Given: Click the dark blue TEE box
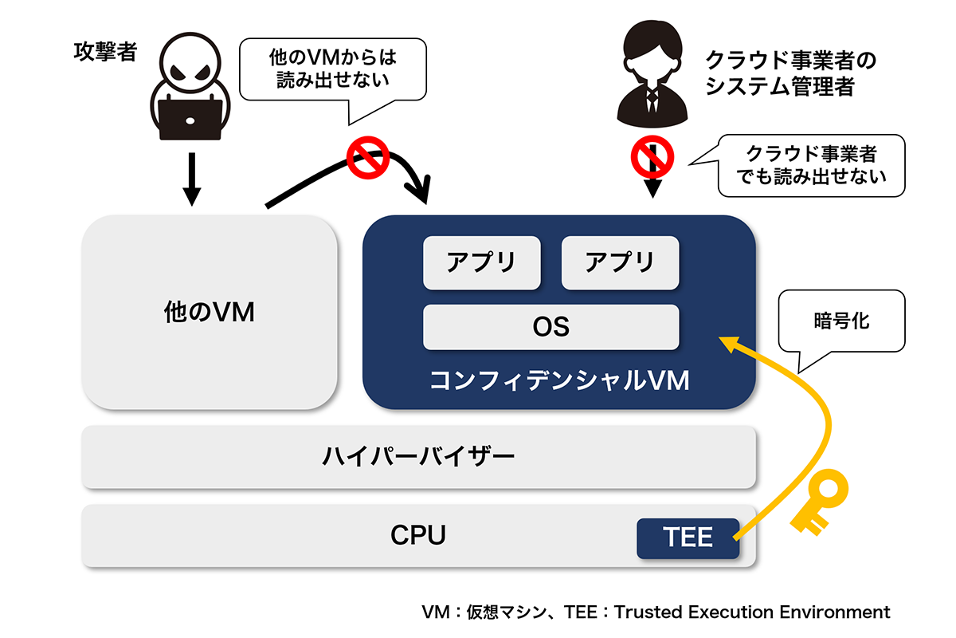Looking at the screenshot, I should pyautogui.click(x=688, y=538).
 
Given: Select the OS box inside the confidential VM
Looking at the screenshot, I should pyautogui.click(x=550, y=327).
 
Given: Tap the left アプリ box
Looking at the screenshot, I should pyautogui.click(x=481, y=262).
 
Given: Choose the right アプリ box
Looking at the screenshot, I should pyautogui.click(x=620, y=262).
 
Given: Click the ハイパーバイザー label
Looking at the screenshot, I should pyautogui.click(x=418, y=457).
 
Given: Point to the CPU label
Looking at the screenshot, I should pyautogui.click(x=418, y=536).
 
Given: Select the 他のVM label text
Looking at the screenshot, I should pyautogui.click(x=209, y=312).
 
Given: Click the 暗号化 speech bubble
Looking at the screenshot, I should pyautogui.click(x=841, y=322).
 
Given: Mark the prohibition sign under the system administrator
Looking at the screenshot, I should pyautogui.click(x=652, y=156).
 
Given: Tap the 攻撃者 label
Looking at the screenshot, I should pyautogui.click(x=104, y=53).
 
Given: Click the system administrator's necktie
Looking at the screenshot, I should pyautogui.click(x=652, y=99).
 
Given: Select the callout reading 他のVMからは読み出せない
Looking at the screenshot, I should pyautogui.click(x=333, y=69).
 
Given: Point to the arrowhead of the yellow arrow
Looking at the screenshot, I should pyautogui.click(x=727, y=344).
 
